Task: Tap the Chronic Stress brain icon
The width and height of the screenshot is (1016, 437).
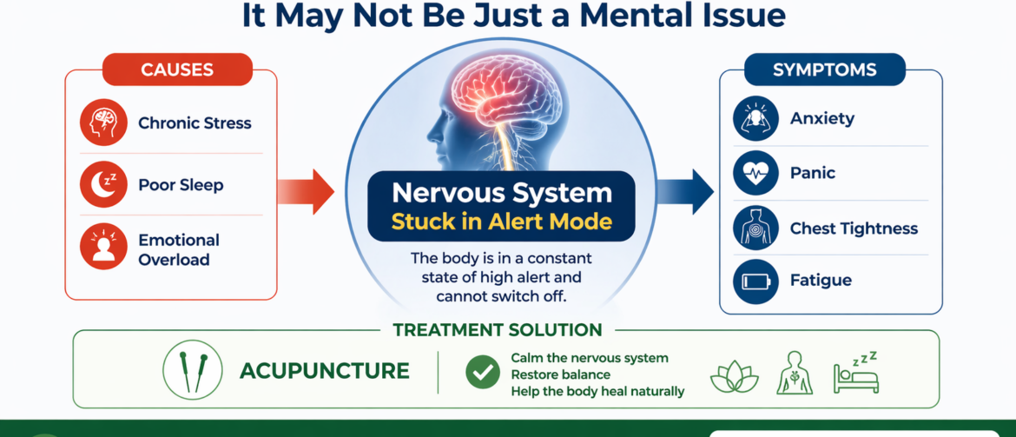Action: (104, 122)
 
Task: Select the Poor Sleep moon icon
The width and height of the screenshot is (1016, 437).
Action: (104, 184)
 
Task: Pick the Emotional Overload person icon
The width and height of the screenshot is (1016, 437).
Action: (104, 247)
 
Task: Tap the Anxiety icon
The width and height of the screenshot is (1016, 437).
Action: (756, 119)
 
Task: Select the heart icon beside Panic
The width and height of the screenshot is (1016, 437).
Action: (756, 173)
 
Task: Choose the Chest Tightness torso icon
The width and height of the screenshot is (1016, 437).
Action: (756, 228)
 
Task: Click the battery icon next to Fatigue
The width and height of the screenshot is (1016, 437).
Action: (756, 281)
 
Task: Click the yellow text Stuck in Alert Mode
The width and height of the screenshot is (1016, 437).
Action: (501, 222)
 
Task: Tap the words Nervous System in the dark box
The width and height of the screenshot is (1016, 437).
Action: (501, 193)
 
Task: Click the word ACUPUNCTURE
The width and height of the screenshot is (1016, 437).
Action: (324, 371)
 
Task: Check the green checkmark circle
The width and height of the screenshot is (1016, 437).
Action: (482, 371)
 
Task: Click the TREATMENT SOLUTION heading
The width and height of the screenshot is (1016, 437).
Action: (498, 330)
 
